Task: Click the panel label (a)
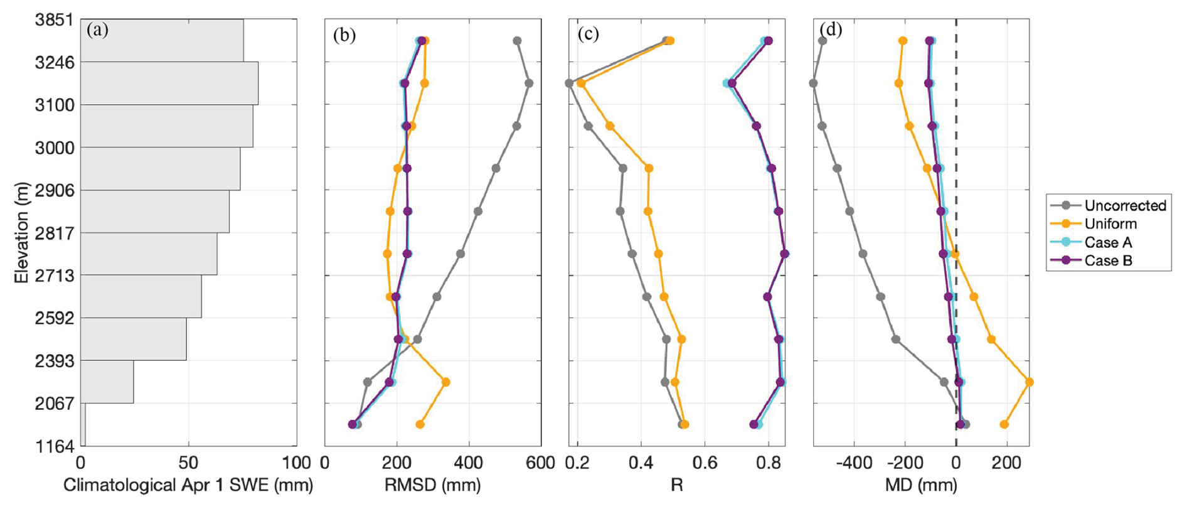pos(98,29)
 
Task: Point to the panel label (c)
pos(588,34)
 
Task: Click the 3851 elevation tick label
pos(54,20)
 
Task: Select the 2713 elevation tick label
pos(54,276)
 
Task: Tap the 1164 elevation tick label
pos(54,446)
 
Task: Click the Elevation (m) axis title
pos(22,233)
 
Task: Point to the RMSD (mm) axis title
pos(433,485)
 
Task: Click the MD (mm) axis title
pos(921,485)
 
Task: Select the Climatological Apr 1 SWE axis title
pos(188,485)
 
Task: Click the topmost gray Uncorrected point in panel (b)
pos(517,41)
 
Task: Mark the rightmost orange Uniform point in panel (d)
pos(1029,382)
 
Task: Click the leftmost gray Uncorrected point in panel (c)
pos(570,83)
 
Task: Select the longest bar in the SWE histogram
pos(169,83)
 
